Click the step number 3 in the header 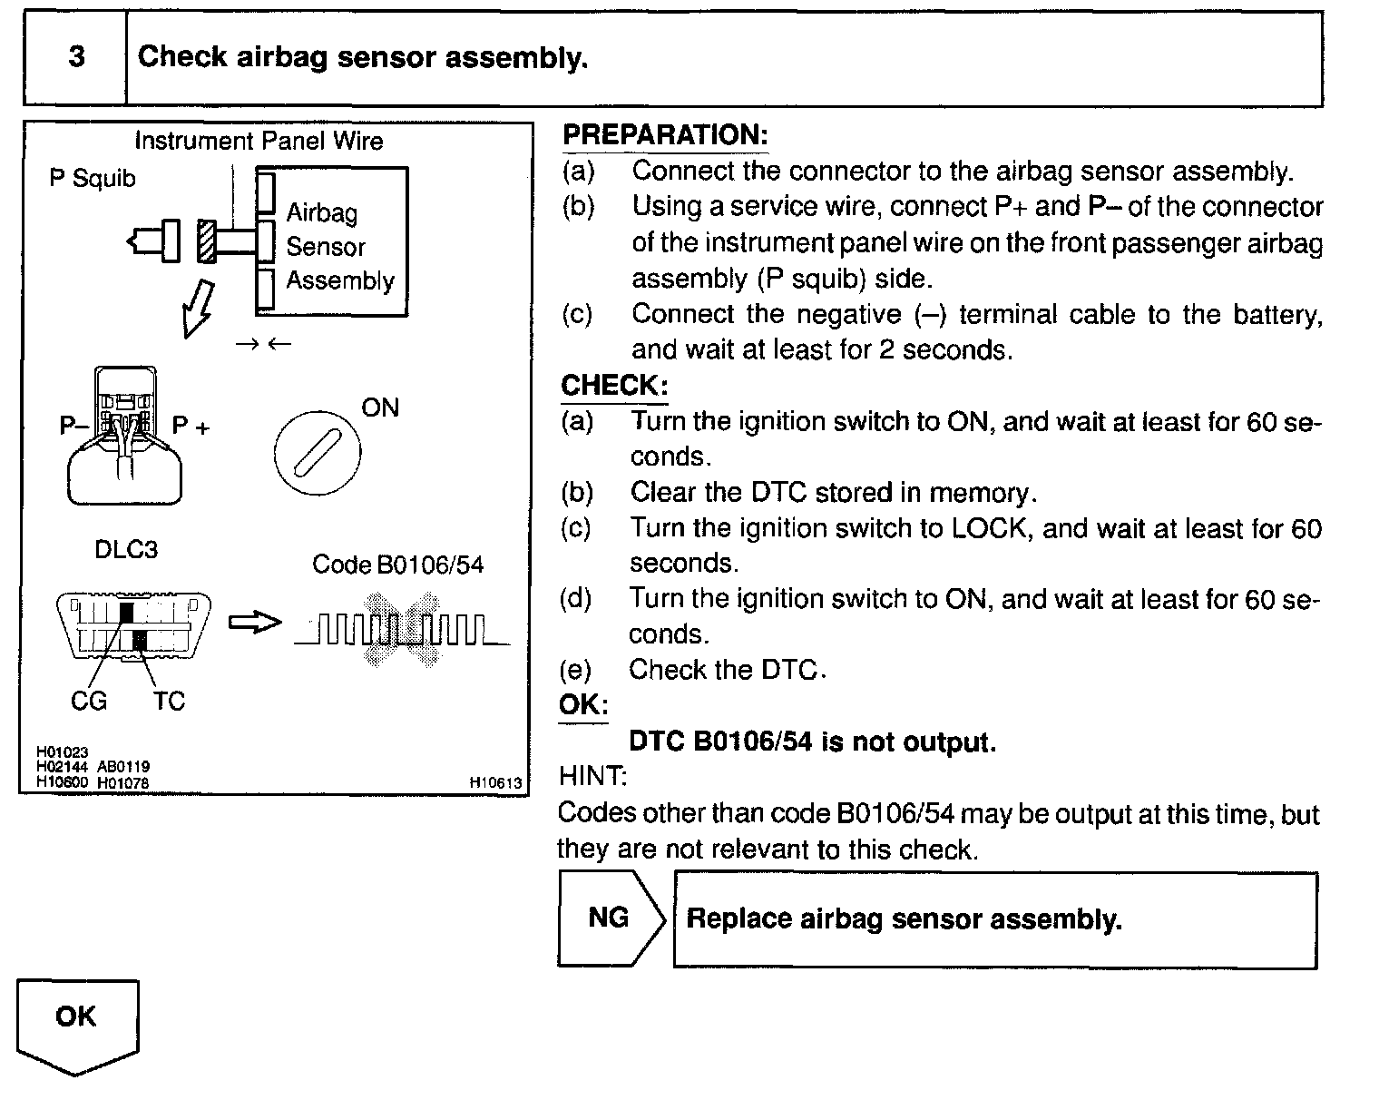click(76, 57)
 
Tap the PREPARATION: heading click(665, 135)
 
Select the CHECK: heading click(614, 386)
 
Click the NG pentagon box click(609, 918)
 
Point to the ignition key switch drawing click(317, 451)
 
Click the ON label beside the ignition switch click(379, 408)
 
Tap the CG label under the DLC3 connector click(89, 701)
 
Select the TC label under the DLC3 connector click(169, 701)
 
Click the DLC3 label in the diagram click(126, 550)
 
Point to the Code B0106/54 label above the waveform click(397, 565)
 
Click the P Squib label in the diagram click(92, 179)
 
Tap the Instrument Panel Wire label click(259, 141)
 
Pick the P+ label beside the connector click(191, 426)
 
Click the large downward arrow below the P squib click(198, 308)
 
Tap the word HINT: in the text click(592, 777)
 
